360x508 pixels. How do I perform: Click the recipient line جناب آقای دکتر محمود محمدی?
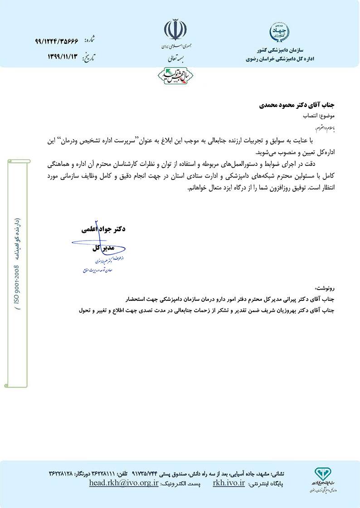click(297, 105)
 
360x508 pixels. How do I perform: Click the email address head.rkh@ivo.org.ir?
click(124, 483)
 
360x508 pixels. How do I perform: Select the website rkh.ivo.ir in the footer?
click(229, 483)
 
